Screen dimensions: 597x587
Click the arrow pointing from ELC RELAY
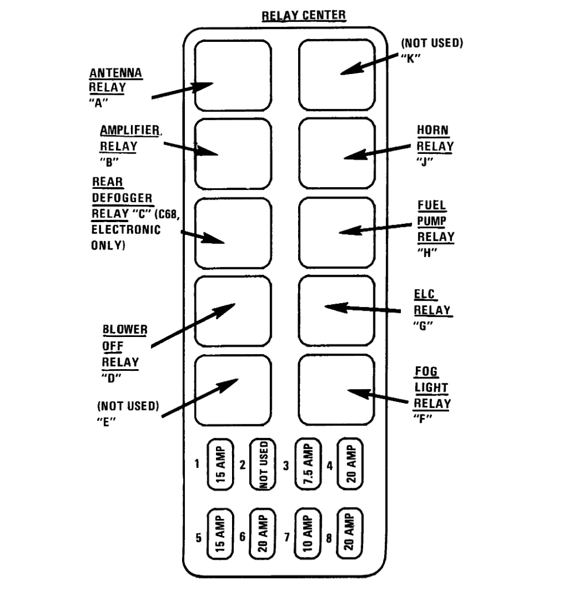click(362, 309)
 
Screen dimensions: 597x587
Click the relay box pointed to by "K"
click(337, 74)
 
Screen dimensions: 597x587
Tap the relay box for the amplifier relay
click(233, 153)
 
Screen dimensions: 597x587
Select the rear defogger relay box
click(233, 233)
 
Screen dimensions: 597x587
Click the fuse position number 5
click(198, 538)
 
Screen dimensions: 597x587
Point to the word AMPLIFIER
click(130, 130)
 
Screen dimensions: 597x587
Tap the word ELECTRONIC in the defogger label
click(126, 229)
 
